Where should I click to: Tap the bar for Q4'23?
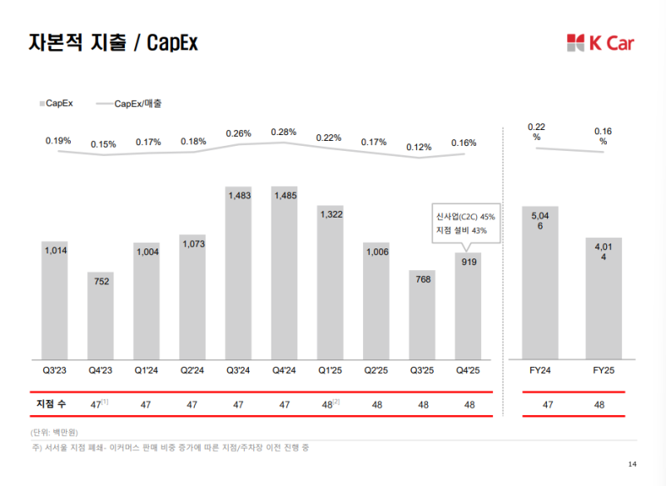(101, 313)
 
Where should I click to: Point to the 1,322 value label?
(330, 214)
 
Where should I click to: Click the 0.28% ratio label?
(284, 132)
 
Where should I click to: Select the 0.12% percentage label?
(420, 148)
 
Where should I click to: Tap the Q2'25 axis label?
(375, 369)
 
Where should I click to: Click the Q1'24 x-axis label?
(147, 369)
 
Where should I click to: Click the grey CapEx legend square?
(41, 104)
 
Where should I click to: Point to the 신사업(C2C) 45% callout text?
(460, 216)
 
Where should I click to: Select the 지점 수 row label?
(51, 403)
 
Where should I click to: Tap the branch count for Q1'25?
(331, 403)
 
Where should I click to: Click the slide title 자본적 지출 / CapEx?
(112, 42)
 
